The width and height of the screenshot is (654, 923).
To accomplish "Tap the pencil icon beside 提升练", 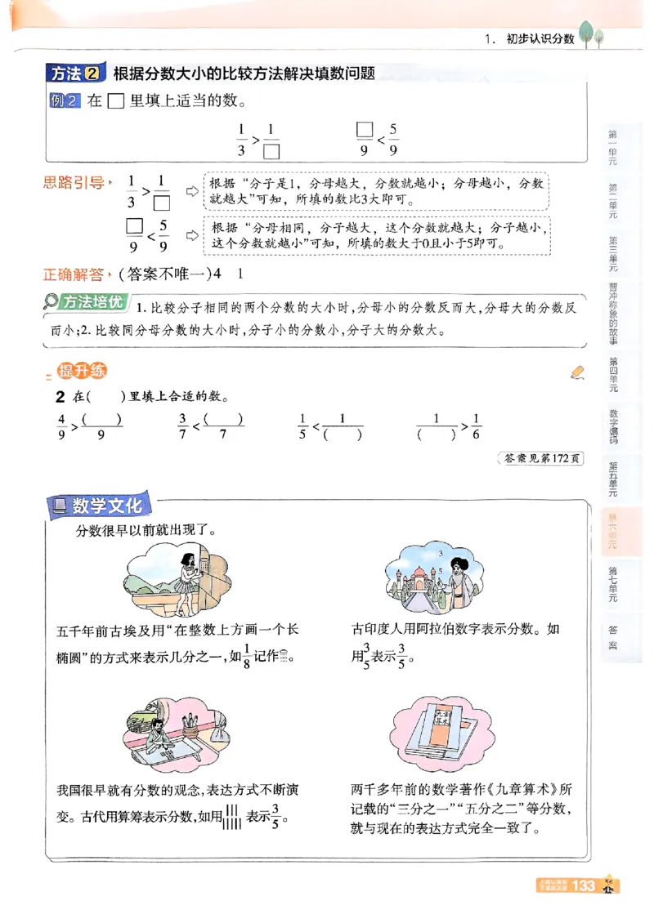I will pyautogui.click(x=578, y=372).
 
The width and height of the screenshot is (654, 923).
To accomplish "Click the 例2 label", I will pyautogui.click(x=65, y=101).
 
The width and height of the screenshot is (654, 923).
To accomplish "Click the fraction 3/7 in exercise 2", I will pyautogui.click(x=183, y=426).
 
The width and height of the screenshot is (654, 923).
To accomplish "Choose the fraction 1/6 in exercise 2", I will pyautogui.click(x=477, y=426).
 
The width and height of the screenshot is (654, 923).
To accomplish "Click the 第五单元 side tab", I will pyautogui.click(x=613, y=479).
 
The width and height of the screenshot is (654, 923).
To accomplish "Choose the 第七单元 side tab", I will pyautogui.click(x=613, y=583).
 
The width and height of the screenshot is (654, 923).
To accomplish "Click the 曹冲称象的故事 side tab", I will pyautogui.click(x=613, y=315).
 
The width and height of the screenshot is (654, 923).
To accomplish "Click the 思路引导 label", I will pyautogui.click(x=74, y=183).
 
